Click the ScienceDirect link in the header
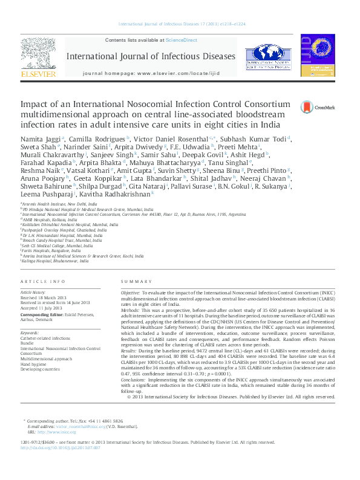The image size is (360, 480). (x=182, y=40)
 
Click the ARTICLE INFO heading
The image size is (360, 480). (x=42, y=282)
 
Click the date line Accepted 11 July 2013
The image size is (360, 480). (x=41, y=308)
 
